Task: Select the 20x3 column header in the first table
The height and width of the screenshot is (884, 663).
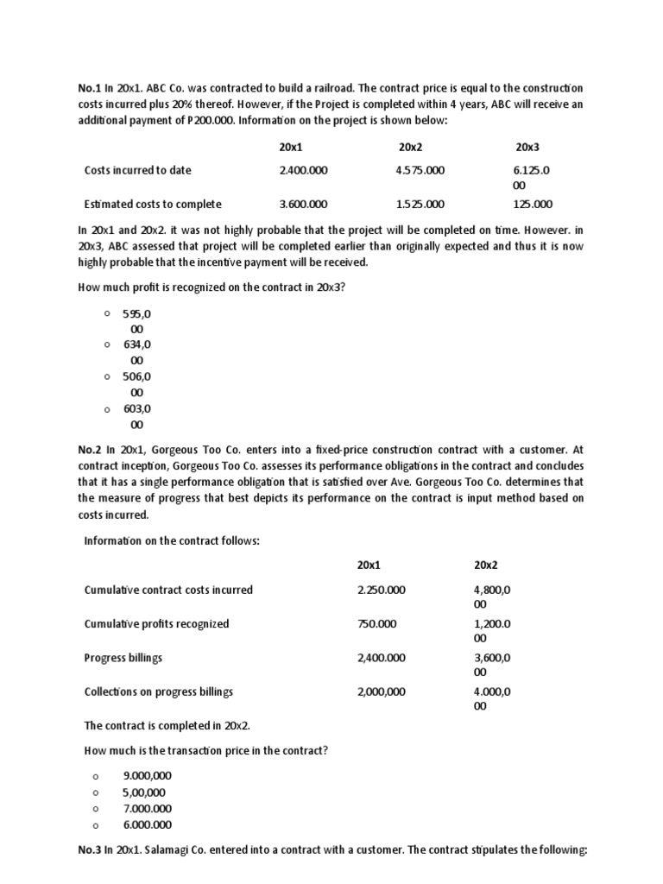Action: (527, 148)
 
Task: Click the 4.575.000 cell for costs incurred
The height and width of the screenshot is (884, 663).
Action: (420, 170)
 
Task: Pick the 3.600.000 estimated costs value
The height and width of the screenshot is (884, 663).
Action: (303, 205)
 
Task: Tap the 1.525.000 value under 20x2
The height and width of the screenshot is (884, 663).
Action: (420, 205)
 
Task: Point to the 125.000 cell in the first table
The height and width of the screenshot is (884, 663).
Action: (534, 205)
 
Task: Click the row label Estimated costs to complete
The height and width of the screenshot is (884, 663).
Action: (153, 205)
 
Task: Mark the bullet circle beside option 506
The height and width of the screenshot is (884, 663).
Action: (106, 376)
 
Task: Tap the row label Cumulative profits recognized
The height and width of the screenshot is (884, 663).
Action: (156, 623)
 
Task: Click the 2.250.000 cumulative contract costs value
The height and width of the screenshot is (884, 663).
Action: (381, 590)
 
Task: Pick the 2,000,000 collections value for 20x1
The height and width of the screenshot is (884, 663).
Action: (381, 691)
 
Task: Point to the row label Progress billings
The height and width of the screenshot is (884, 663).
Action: (123, 658)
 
